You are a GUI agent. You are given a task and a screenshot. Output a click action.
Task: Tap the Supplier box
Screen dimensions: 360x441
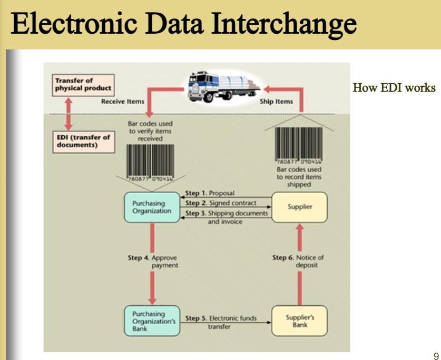pyautogui.click(x=299, y=206)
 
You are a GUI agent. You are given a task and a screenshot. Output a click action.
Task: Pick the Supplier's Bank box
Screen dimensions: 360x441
pyautogui.click(x=299, y=321)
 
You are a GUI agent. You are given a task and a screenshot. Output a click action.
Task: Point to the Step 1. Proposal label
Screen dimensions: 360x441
pyautogui.click(x=210, y=193)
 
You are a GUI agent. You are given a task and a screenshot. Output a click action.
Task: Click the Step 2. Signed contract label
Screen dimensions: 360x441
pyautogui.click(x=221, y=203)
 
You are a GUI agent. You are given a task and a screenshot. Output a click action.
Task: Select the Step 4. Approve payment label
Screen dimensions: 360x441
pyautogui.click(x=152, y=262)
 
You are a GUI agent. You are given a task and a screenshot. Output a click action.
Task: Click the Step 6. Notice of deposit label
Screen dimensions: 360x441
pyautogui.click(x=298, y=261)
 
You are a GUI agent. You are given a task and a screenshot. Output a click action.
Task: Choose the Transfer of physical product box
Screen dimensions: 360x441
pyautogui.click(x=83, y=84)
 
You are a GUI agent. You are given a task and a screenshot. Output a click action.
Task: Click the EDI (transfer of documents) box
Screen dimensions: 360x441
pyautogui.click(x=83, y=141)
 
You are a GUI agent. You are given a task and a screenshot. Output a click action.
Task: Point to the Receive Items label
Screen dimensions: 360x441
pyautogui.click(x=122, y=102)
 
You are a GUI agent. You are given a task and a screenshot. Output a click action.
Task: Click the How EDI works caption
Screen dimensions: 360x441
pyautogui.click(x=394, y=87)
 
